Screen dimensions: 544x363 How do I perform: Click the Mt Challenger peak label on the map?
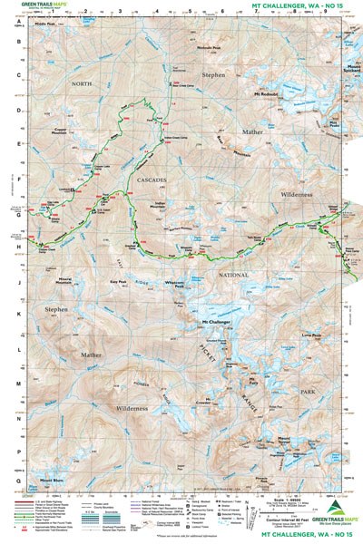coord(215,322)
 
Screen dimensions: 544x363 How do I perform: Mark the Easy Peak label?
coord(118,282)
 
